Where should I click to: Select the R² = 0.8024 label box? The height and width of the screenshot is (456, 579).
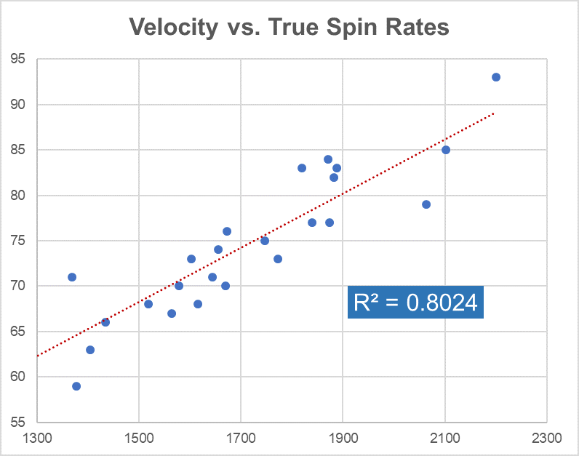(x=415, y=302)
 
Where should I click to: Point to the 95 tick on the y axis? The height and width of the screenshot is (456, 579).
(x=17, y=59)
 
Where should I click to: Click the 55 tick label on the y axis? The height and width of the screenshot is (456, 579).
(x=17, y=422)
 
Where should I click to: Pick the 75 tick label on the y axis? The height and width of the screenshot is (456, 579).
(x=17, y=241)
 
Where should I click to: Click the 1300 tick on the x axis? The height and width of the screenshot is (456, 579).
(x=37, y=439)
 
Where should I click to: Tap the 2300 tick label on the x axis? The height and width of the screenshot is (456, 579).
(x=546, y=439)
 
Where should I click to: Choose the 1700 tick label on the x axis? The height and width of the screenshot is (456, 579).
(x=241, y=439)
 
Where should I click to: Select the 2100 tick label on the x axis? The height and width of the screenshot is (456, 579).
(x=444, y=439)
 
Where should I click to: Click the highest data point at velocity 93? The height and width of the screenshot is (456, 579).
(x=496, y=77)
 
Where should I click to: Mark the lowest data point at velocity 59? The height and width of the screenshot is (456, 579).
(x=76, y=386)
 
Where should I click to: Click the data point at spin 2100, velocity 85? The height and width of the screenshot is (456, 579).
(x=446, y=150)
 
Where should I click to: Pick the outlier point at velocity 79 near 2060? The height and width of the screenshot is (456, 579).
(x=426, y=204)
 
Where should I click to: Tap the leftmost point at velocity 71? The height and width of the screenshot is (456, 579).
(x=72, y=277)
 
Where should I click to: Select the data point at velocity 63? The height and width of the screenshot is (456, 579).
(x=90, y=350)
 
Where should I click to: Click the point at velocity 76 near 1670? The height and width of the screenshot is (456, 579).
(x=227, y=231)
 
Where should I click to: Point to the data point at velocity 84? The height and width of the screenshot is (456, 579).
(x=328, y=159)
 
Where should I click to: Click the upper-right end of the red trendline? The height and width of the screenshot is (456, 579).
(x=495, y=113)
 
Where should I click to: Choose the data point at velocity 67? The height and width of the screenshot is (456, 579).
(x=172, y=313)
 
